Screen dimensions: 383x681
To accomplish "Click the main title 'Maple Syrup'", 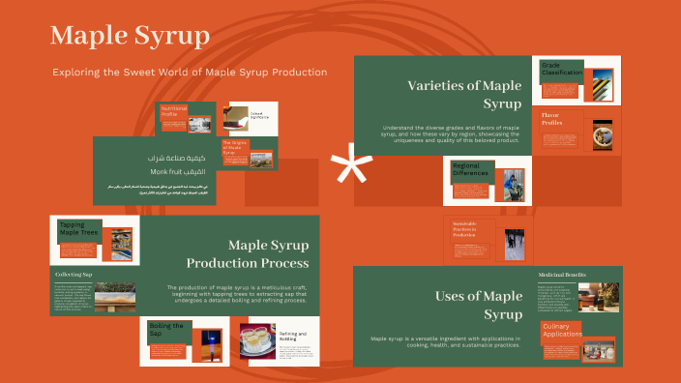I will (130, 36).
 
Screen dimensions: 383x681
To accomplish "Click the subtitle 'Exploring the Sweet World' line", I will (190, 73).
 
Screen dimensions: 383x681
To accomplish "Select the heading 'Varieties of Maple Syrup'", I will (464, 94).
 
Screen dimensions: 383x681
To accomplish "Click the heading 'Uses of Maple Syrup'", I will (478, 305).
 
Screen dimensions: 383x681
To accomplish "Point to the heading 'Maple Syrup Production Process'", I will (248, 253).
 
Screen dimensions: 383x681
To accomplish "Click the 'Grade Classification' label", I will (562, 69).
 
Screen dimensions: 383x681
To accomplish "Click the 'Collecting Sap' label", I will (74, 275).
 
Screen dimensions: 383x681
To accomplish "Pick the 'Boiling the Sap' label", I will (167, 331).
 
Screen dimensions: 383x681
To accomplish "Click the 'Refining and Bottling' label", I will (293, 338).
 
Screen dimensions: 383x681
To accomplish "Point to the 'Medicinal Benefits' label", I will (562, 275).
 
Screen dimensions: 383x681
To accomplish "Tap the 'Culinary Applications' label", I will (562, 332).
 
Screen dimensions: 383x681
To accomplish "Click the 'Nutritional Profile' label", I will (174, 111).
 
